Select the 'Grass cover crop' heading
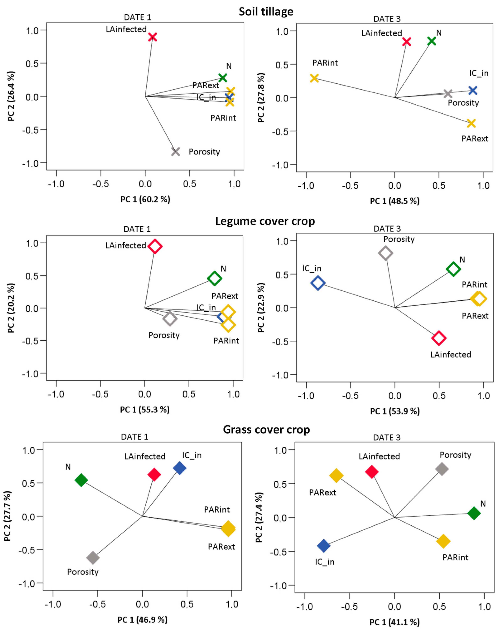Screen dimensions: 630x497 tap(266, 429)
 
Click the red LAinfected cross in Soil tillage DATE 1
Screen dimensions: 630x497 tap(152, 37)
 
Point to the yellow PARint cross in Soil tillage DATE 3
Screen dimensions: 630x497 tap(314, 78)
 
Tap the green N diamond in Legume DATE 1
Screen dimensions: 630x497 tap(214, 278)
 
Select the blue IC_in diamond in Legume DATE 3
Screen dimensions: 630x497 tap(318, 283)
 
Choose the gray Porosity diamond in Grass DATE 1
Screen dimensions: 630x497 tap(93, 558)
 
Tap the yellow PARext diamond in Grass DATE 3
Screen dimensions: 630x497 tap(336, 475)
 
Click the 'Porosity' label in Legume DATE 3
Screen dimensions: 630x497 tap(399, 239)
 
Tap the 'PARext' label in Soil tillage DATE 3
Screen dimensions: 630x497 tap(475, 139)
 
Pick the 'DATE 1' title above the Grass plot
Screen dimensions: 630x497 tap(134, 437)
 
